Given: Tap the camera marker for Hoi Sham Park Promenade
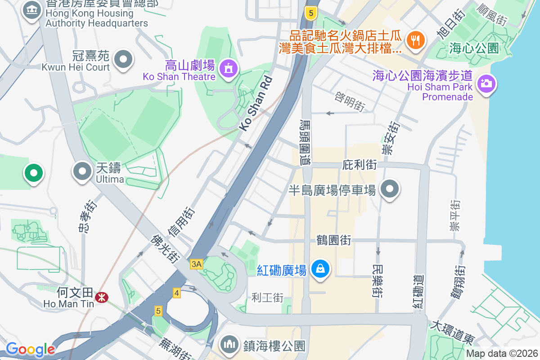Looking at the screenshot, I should point(486,83).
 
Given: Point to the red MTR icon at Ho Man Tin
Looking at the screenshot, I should point(101,297).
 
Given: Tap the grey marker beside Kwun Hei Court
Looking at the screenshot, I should point(123,59).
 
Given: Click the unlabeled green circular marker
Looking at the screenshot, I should point(33,172).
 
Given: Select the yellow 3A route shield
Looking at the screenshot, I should point(196,264).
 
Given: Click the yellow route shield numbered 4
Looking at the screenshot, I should point(177,293).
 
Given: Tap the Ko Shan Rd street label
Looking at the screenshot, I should point(256,103).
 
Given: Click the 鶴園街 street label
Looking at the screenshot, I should point(334,240).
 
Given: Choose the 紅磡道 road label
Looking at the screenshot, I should point(418,290).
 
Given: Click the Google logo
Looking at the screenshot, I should point(30,349).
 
